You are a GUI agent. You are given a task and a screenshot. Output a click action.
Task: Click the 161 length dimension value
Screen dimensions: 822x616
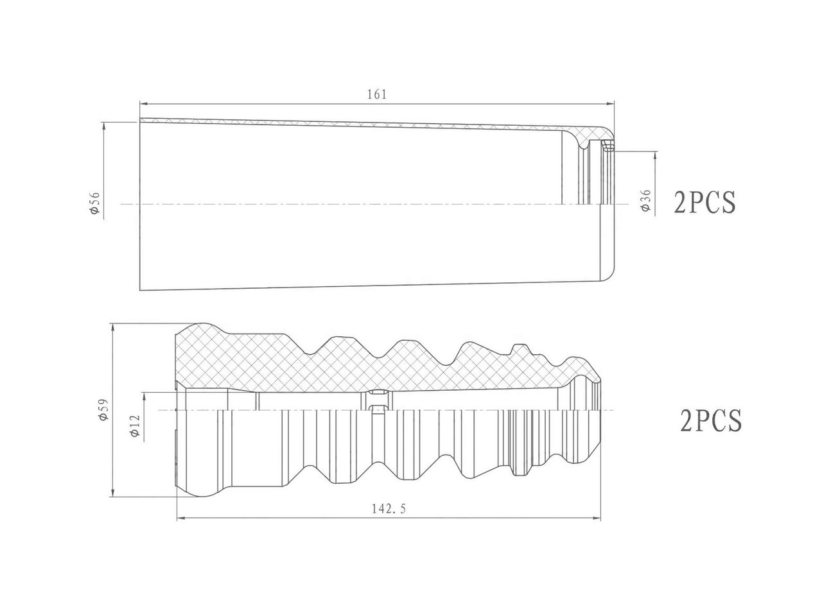pyautogui.click(x=376, y=94)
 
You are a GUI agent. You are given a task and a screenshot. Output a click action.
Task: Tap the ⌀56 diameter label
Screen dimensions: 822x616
pyautogui.click(x=95, y=203)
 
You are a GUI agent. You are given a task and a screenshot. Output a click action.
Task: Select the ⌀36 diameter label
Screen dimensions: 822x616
pyautogui.click(x=646, y=200)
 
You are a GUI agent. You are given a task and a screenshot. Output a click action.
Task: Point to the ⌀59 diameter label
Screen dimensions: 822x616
pyautogui.click(x=103, y=409)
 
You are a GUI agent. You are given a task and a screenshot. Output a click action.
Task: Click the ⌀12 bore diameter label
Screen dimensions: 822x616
pyautogui.click(x=135, y=425)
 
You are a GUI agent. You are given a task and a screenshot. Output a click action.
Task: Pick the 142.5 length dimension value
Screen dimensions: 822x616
pyautogui.click(x=389, y=509)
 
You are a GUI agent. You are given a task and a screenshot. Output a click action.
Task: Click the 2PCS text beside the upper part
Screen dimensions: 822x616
pyautogui.click(x=704, y=202)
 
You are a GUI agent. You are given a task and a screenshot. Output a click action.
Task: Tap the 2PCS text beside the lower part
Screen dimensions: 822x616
pyautogui.click(x=710, y=421)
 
